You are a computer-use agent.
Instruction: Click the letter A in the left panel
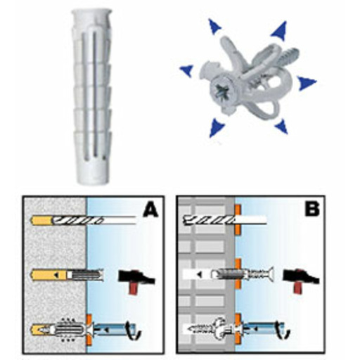150,210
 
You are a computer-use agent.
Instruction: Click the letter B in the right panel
312,208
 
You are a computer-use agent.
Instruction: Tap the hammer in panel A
136,280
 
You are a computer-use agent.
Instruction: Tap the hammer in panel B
301,279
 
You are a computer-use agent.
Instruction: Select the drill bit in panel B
225,220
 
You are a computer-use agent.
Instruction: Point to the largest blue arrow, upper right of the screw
279,30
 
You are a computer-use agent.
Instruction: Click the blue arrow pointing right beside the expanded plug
307,82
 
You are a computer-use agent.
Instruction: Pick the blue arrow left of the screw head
186,70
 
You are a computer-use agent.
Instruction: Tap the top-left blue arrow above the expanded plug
214,27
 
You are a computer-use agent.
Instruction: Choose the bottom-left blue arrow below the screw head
216,128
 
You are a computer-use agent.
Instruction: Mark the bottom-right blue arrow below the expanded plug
282,127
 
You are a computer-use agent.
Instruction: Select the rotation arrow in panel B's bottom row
283,330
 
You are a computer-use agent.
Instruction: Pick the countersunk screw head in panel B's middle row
270,274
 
